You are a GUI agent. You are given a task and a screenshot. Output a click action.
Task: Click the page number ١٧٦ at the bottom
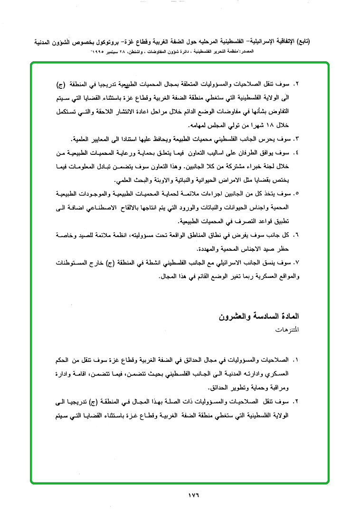pyautogui.click(x=193, y=496)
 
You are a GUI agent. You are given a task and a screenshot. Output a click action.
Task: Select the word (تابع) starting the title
pyautogui.click(x=300, y=42)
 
